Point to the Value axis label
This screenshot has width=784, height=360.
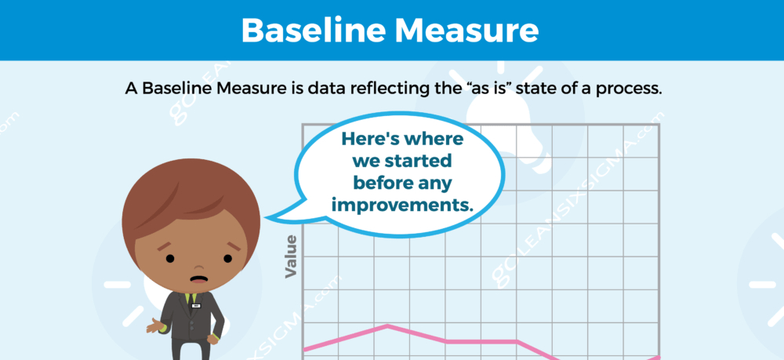[291, 256]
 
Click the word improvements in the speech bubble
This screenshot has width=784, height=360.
[402, 205]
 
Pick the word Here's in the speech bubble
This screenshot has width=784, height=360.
[370, 139]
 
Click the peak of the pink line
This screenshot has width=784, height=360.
[388, 325]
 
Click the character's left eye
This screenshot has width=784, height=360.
[170, 259]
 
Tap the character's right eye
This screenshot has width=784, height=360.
[228, 259]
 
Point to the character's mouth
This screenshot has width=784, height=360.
[199, 279]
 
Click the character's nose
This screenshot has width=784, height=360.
[198, 267]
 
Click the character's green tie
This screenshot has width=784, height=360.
[187, 299]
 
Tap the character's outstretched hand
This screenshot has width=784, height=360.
[155, 327]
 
